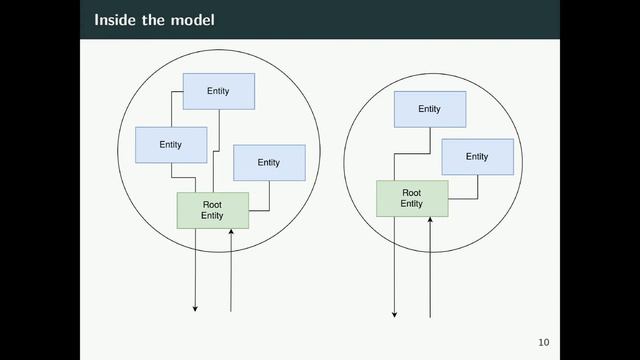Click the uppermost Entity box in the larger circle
[218, 91]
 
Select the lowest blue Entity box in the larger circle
[268, 162]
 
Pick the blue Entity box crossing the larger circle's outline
[171, 145]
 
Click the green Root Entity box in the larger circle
[212, 210]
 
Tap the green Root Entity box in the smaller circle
[411, 198]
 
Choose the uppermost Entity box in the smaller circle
[429, 109]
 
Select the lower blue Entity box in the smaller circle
[477, 157]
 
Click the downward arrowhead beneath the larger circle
[195, 309]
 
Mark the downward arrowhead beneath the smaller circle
[394, 315]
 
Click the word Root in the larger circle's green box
[212, 204]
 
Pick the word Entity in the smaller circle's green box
[411, 204]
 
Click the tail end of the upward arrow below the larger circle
[231, 311]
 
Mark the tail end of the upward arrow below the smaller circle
[430, 317]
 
